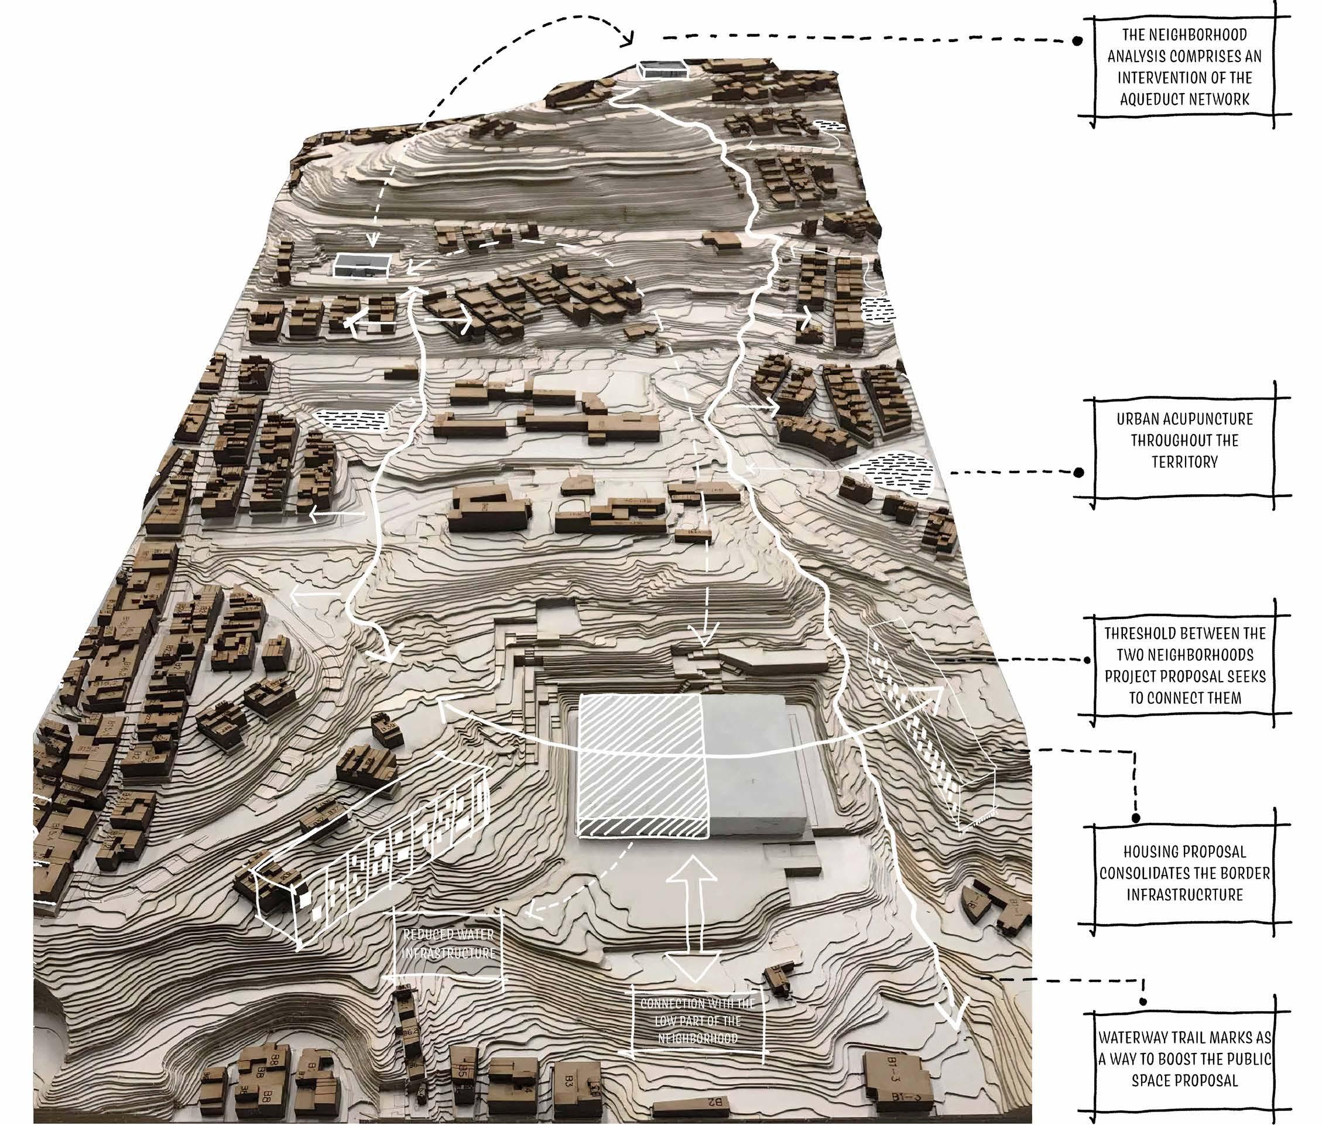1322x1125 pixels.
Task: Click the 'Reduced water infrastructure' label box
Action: coord(448,945)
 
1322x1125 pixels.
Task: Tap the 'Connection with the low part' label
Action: coord(698,1021)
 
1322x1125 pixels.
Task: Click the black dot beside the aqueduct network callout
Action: coord(1077,42)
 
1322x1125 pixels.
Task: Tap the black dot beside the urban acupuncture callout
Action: coord(1078,473)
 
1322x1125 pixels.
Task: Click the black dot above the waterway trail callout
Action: coord(1143,1003)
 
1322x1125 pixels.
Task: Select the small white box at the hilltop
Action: coord(663,70)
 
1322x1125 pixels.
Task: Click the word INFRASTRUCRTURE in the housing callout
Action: coord(1184,895)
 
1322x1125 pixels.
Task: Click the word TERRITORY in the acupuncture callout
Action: coord(1184,461)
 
